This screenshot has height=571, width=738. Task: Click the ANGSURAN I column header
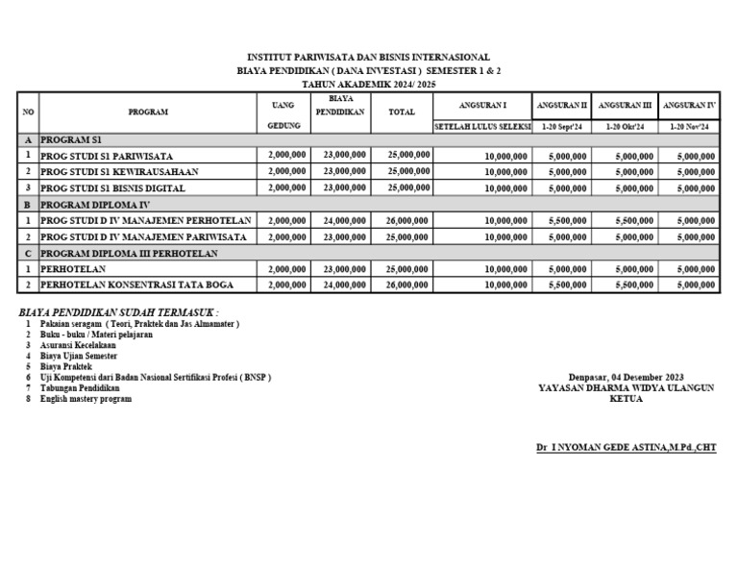[x=482, y=103]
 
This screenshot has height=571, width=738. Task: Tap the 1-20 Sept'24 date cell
[x=561, y=126]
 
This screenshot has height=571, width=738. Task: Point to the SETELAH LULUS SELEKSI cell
[x=482, y=126]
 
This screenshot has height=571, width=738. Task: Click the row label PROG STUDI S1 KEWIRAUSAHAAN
[x=120, y=171]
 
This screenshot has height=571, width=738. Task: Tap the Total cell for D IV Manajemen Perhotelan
[x=406, y=221]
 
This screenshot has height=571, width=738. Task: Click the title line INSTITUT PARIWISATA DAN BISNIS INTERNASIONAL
[x=369, y=58]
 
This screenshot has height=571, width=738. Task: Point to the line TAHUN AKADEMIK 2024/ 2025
[x=369, y=85]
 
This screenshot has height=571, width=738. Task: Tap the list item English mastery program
[x=86, y=398]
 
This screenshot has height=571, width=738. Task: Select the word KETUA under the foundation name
[x=626, y=399]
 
